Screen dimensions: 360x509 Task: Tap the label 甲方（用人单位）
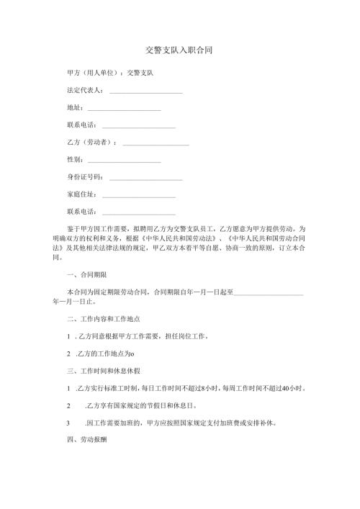(92, 73)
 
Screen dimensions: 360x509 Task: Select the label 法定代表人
(84, 91)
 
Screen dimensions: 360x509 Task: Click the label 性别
(74, 160)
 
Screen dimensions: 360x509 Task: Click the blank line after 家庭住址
(139, 197)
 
